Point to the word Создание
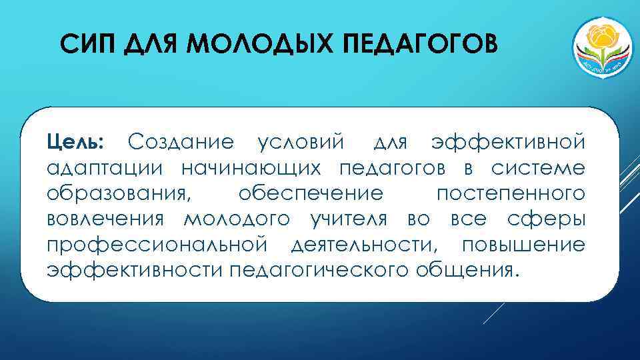(x=181, y=142)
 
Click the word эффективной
(x=508, y=142)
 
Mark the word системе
(x=539, y=168)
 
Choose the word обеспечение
(x=311, y=194)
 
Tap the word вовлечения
(x=107, y=219)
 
